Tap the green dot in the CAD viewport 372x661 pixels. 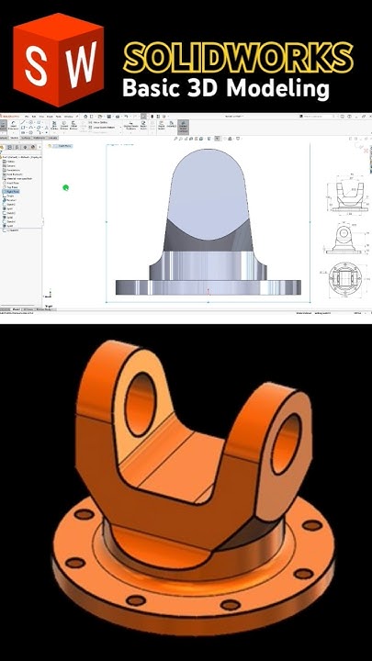(66, 187)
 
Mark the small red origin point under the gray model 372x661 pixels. (209, 292)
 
